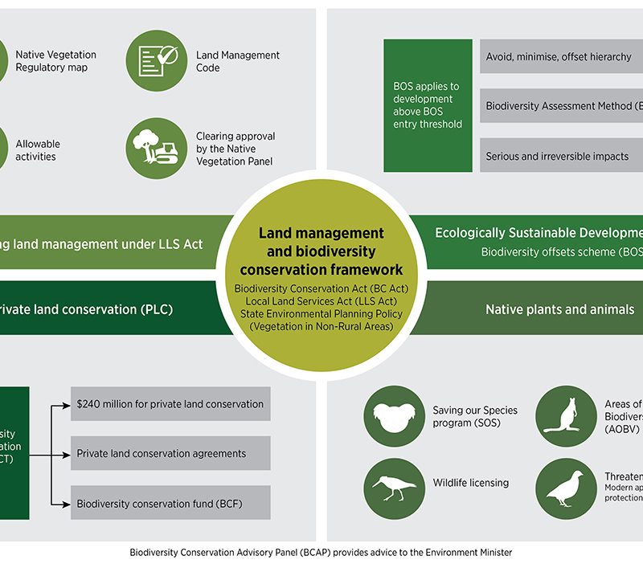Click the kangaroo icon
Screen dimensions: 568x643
(566, 417)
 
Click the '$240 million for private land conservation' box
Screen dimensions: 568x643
(170, 404)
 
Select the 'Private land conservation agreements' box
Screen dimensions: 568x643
(170, 454)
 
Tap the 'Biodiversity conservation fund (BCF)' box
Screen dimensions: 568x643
(170, 505)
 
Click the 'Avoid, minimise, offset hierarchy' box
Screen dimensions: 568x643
(561, 57)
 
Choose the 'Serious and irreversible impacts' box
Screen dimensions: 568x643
(561, 156)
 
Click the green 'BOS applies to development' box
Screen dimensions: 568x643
(428, 104)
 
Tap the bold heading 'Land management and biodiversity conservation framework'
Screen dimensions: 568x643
(321, 251)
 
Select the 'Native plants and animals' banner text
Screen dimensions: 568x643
(559, 309)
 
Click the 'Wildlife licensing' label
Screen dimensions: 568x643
(470, 483)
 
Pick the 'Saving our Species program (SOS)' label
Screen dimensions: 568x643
(475, 416)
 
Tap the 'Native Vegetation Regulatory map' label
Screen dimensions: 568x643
(55, 61)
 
